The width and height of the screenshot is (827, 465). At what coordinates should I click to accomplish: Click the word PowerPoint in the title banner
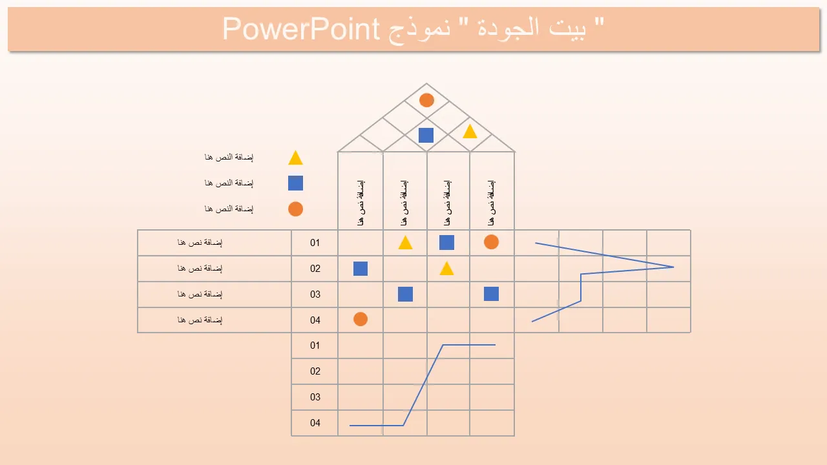[x=301, y=29]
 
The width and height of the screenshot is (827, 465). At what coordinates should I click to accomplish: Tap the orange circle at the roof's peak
[x=426, y=100]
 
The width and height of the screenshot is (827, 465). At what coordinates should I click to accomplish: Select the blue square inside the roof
[x=426, y=136]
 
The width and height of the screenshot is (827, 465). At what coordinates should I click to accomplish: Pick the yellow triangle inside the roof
[x=470, y=132]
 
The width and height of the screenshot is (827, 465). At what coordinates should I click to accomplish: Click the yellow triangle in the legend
[x=295, y=158]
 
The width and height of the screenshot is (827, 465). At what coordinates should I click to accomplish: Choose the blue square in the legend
[x=295, y=183]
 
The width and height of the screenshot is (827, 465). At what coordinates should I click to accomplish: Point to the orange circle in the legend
[x=295, y=209]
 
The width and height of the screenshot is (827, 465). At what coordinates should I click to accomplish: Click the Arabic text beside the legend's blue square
[x=229, y=183]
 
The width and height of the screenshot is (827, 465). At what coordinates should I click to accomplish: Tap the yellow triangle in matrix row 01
[x=405, y=243]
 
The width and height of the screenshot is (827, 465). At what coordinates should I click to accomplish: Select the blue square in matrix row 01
[x=446, y=242]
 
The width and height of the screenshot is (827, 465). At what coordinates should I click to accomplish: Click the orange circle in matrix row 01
[x=491, y=242]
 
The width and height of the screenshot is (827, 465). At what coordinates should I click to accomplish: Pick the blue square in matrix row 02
[x=361, y=269]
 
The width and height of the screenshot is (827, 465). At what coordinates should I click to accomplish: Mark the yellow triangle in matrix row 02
[x=446, y=269]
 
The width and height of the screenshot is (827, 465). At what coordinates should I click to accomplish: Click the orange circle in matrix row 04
[x=361, y=319]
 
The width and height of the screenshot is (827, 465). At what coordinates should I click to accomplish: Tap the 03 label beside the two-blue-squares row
[x=315, y=294]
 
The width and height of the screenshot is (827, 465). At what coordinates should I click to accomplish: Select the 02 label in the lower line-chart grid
[x=315, y=371]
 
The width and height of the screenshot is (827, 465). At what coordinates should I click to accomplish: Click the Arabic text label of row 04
[x=200, y=320]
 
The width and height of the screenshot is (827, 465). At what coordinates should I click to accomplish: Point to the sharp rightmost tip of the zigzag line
[x=674, y=267]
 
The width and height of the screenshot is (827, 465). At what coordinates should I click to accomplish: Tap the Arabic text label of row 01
[x=200, y=242]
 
